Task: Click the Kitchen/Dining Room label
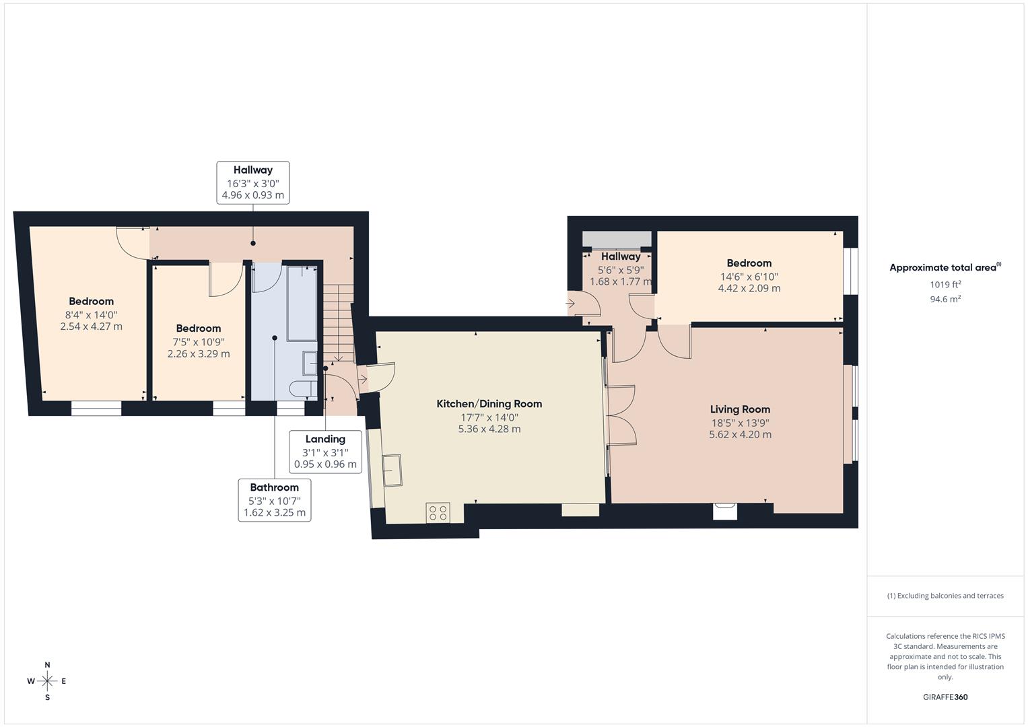489,404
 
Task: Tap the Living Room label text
740,409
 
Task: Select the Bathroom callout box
275,499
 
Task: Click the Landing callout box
325,452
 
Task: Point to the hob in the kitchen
438,513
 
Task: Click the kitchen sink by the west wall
392,469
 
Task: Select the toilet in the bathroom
302,388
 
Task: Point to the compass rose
47,681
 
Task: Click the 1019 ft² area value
945,285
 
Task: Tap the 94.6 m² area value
945,300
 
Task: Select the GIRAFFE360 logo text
945,697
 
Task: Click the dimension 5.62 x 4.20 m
740,435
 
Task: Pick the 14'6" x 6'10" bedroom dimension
749,276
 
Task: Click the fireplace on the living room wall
725,512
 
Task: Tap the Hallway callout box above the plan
253,182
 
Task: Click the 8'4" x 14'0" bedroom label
91,314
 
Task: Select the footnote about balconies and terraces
945,596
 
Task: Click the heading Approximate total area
944,268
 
